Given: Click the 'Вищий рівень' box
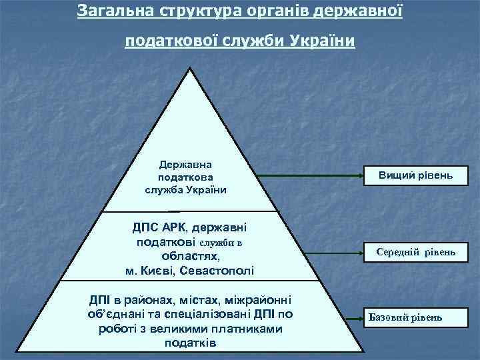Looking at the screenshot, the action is (416, 175).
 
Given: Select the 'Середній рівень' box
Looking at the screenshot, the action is (416, 252).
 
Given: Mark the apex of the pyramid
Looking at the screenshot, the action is (191, 69).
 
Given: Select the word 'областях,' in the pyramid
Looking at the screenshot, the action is (191, 256).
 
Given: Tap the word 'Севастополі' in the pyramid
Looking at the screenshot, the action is (221, 270).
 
